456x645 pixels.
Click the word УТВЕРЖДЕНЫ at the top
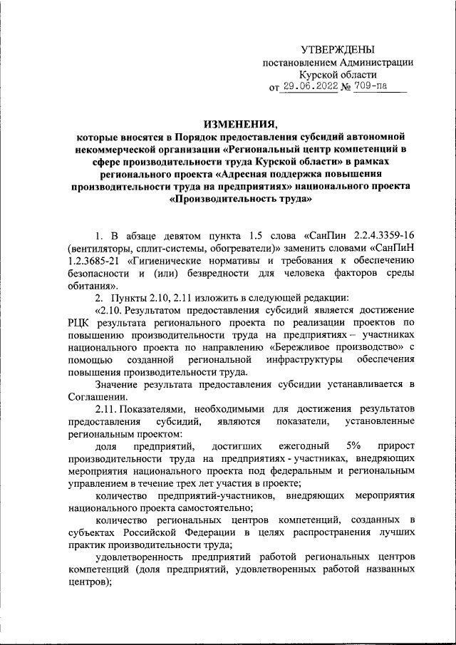(x=337, y=49)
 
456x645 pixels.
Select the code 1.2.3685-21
(x=98, y=261)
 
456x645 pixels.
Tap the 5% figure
(x=352, y=445)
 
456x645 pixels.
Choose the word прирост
(x=397, y=445)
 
